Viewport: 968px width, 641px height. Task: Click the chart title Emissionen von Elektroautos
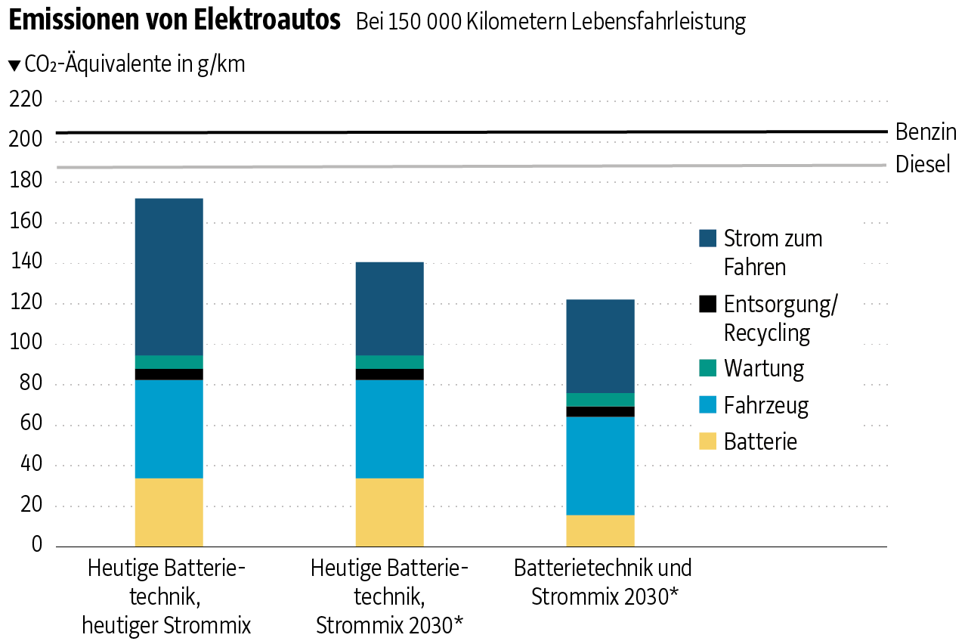click(174, 20)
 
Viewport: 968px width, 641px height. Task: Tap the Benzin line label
click(926, 132)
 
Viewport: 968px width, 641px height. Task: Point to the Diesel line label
click(923, 164)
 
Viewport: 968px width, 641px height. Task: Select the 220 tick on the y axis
click(26, 100)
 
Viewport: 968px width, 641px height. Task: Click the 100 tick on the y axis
click(26, 344)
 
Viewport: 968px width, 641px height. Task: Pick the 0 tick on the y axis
click(36, 546)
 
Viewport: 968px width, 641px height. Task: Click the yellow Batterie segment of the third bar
click(600, 530)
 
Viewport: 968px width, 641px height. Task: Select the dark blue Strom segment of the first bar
click(169, 277)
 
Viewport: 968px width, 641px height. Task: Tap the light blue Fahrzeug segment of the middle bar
click(389, 429)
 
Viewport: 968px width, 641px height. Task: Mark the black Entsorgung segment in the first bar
click(169, 374)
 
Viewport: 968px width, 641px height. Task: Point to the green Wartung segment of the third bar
click(600, 400)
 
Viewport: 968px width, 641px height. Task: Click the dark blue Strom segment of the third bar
click(600, 346)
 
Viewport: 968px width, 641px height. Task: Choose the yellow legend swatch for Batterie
click(707, 441)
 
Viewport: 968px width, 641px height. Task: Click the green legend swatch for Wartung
click(707, 369)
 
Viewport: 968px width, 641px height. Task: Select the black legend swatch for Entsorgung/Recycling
click(707, 304)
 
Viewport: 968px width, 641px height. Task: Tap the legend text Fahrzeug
click(765, 405)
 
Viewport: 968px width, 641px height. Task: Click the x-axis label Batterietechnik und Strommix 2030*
click(603, 582)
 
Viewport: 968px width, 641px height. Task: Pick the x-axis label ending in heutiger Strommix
click(166, 596)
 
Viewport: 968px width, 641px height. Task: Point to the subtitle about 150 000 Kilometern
click(550, 23)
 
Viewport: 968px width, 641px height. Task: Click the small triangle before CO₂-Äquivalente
click(14, 66)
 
